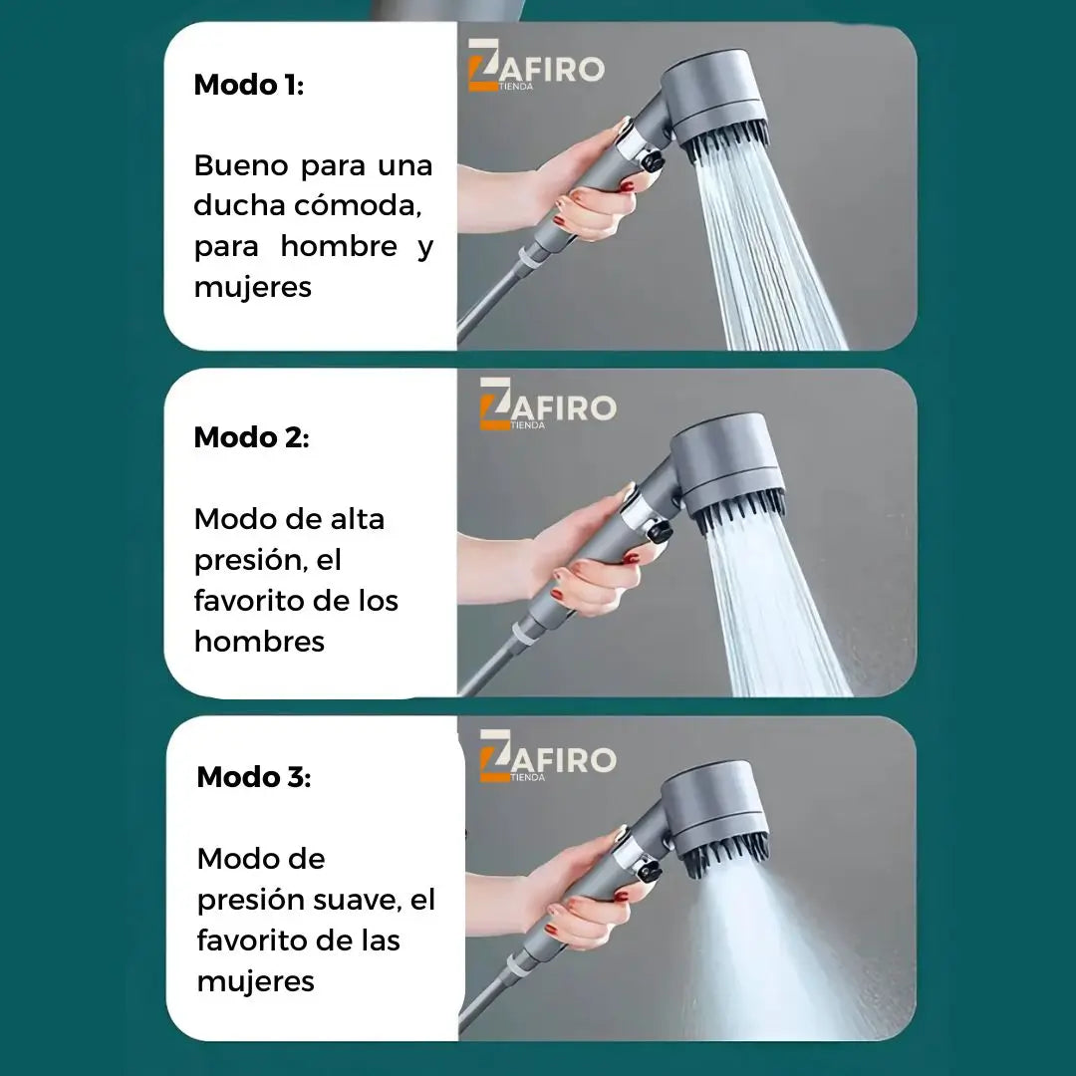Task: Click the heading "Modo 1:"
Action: tap(249, 85)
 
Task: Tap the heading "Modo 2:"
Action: tap(252, 437)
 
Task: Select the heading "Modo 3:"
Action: tap(254, 777)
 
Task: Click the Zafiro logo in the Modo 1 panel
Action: tap(536, 66)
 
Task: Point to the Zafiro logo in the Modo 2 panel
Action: tap(548, 404)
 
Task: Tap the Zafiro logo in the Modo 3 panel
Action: tap(548, 756)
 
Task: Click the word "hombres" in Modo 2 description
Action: tap(259, 642)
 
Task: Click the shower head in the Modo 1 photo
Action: tap(717, 103)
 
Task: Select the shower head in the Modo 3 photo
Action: tap(716, 817)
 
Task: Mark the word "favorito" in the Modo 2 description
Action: tap(248, 601)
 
